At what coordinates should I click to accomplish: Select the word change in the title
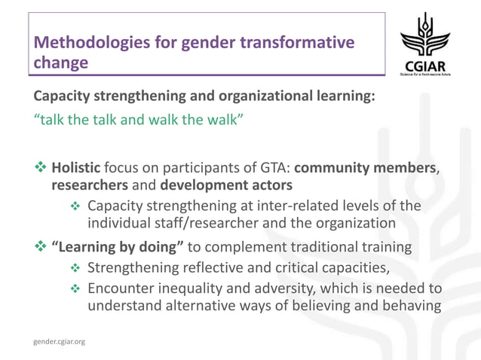tap(60, 64)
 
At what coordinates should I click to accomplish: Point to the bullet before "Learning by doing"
tap(39, 246)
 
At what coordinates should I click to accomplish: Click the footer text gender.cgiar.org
tap(59, 341)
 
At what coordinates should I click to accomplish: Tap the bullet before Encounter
tap(76, 288)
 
